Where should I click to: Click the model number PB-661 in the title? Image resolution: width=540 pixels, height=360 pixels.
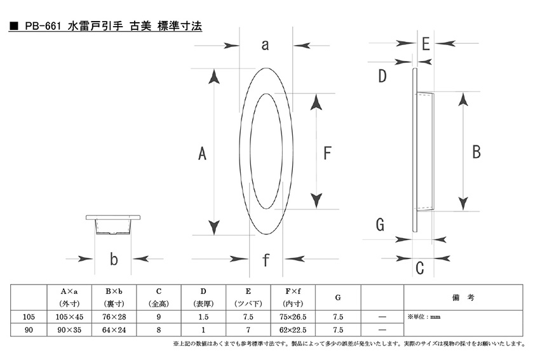tap(43, 26)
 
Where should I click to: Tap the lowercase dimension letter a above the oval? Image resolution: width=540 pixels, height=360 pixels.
tap(265, 45)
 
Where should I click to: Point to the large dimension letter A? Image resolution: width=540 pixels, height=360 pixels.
tap(202, 153)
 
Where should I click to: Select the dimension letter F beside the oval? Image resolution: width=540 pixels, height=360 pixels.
tap(327, 153)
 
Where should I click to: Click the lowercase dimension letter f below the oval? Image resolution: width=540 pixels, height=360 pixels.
tap(266, 260)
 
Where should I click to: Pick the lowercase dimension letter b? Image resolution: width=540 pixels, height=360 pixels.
tap(114, 259)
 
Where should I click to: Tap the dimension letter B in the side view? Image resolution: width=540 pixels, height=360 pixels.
tap(476, 152)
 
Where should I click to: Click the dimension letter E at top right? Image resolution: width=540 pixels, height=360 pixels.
tap(426, 44)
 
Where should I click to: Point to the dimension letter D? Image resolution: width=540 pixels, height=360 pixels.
tap(382, 76)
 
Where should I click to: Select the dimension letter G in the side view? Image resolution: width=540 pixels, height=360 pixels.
tap(380, 225)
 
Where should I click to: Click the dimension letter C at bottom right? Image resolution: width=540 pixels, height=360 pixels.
tap(419, 268)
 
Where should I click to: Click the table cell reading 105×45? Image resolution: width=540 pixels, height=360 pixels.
tap(69, 317)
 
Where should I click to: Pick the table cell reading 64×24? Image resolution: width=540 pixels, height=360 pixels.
tap(114, 330)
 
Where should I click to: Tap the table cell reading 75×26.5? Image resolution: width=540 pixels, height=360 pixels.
tap(293, 317)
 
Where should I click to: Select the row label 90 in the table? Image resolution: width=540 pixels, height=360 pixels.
tap(29, 330)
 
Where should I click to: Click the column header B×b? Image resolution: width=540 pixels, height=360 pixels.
tap(114, 291)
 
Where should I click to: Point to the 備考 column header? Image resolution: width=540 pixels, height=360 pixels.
tap(463, 298)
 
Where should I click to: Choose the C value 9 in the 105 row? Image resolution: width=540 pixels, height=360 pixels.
tap(159, 317)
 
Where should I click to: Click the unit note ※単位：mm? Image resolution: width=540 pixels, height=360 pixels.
tap(424, 317)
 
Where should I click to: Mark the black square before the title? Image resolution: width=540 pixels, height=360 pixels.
tap(14, 26)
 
